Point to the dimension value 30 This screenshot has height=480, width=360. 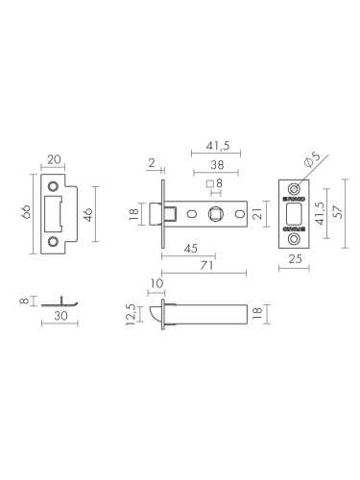coord(60,314)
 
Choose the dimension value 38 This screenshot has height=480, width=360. coord(218,165)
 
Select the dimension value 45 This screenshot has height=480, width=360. coord(190,248)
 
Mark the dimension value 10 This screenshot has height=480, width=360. coord(158,283)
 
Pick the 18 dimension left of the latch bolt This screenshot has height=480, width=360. coord(133,214)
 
